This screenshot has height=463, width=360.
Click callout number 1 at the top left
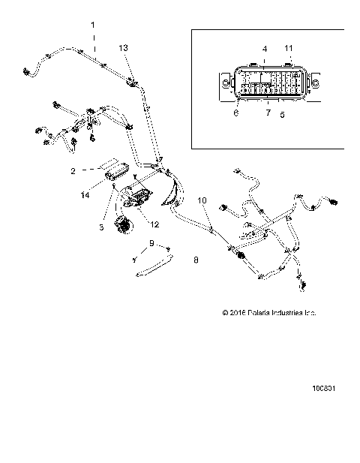click(93, 26)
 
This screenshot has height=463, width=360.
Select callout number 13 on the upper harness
click(124, 47)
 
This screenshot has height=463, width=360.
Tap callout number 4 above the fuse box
click(264, 49)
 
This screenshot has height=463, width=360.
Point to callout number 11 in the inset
click(289, 48)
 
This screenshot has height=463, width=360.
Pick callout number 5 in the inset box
click(282, 116)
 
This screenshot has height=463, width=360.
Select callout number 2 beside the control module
click(94, 171)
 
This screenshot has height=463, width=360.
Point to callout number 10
click(201, 200)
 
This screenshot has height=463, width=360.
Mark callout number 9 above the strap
click(151, 243)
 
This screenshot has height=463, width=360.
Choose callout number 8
click(196, 260)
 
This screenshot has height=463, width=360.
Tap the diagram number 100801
click(325, 410)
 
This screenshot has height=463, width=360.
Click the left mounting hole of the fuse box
click(224, 82)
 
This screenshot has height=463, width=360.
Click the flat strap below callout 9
click(153, 266)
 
